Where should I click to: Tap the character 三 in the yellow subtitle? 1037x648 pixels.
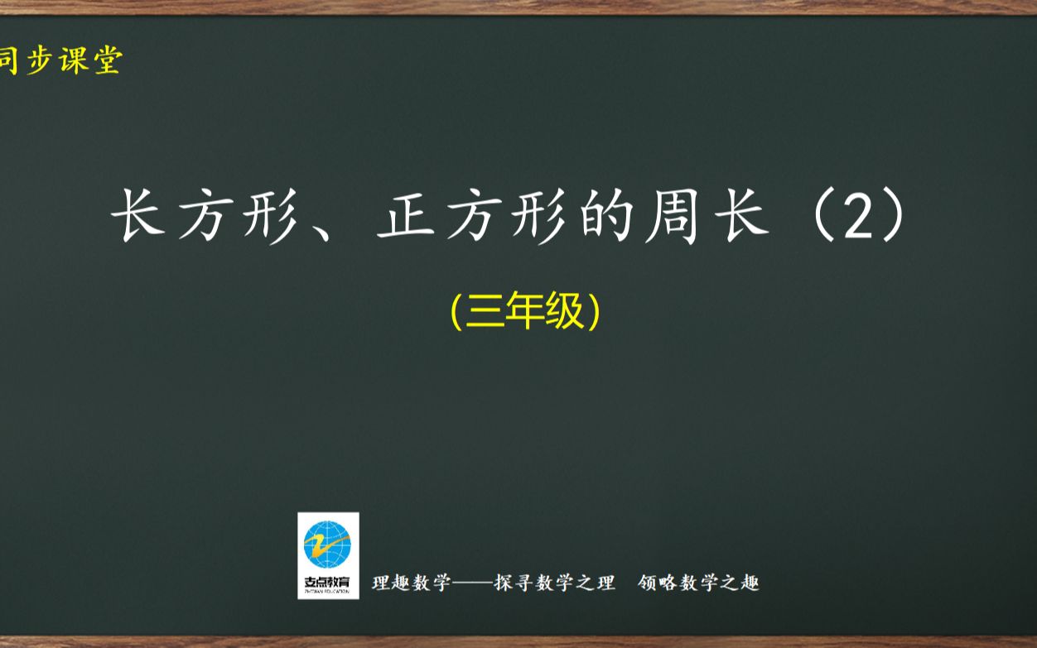[x=484, y=312]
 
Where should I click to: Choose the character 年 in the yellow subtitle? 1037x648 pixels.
[x=525, y=312]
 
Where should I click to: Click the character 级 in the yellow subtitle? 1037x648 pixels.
[x=566, y=312]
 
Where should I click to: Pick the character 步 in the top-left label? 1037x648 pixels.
[x=38, y=60]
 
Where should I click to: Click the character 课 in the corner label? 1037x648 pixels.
[x=73, y=60]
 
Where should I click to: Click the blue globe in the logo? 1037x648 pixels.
[x=328, y=544]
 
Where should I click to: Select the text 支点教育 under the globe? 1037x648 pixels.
[x=328, y=581]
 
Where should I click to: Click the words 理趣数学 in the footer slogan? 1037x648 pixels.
[x=412, y=583]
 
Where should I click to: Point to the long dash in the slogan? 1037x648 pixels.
[x=471, y=583]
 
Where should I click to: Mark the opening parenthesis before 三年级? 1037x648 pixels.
[x=456, y=312]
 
